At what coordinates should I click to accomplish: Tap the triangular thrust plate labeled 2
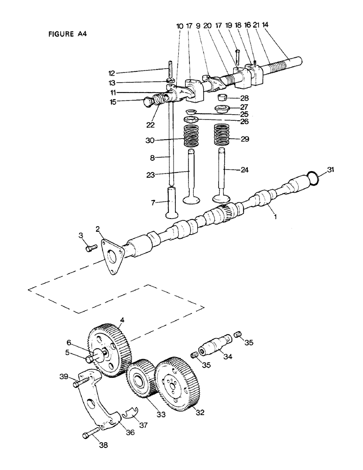click(112, 256)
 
